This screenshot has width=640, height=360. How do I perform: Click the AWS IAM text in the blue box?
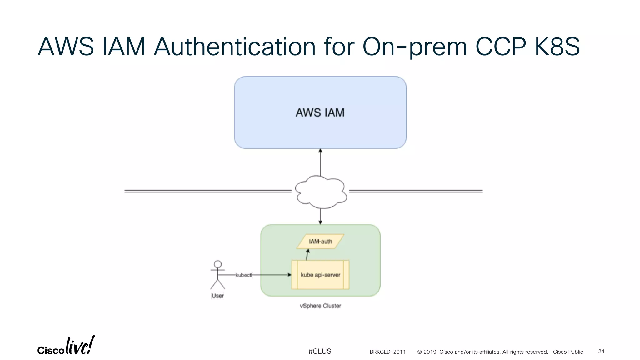(320, 112)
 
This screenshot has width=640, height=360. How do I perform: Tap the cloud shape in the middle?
(321, 192)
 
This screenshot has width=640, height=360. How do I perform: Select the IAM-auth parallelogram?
(320, 242)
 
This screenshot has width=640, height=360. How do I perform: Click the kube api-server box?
(320, 275)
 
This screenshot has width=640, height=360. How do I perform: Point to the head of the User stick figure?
(218, 264)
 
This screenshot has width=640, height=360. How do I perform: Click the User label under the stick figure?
(218, 296)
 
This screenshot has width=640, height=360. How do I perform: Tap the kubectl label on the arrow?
(244, 275)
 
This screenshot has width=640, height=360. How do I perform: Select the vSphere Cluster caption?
(320, 306)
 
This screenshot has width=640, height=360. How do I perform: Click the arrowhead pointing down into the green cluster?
(320, 222)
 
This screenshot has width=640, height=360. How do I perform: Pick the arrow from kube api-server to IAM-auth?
(307, 255)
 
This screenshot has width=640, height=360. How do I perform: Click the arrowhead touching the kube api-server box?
(289, 275)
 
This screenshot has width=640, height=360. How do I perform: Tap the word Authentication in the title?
(234, 47)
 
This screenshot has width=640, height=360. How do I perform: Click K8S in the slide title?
(557, 47)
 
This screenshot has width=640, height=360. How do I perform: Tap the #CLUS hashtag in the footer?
(320, 351)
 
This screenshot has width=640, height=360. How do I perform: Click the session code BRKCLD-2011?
(387, 352)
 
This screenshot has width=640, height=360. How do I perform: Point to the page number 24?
(601, 351)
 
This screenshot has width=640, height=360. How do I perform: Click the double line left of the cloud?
(208, 191)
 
